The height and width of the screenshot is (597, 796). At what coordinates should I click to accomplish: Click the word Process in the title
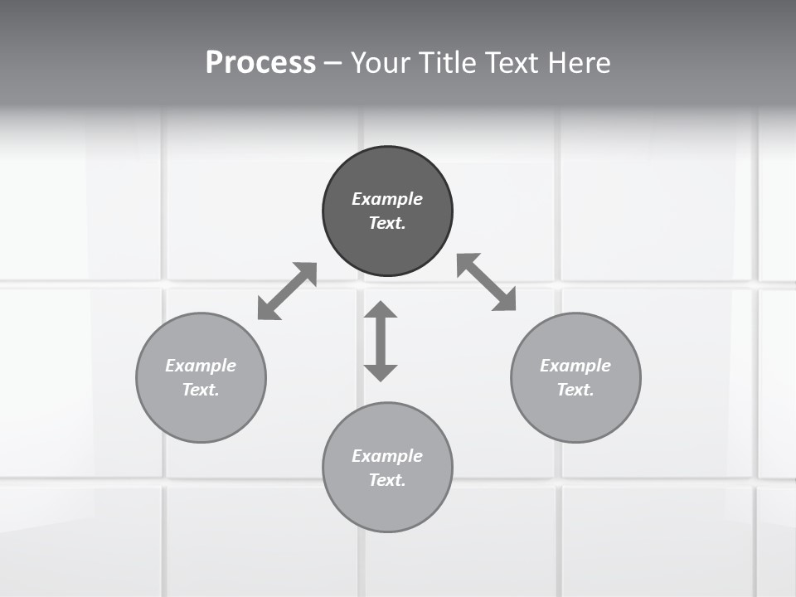pyautogui.click(x=260, y=63)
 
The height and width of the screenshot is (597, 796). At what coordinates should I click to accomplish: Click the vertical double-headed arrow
pyautogui.click(x=381, y=341)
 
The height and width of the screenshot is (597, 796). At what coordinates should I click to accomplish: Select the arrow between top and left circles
pyautogui.click(x=287, y=291)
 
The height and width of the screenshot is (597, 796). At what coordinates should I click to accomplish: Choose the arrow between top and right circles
pyautogui.click(x=487, y=282)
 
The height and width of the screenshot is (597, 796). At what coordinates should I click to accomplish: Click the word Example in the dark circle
pyautogui.click(x=387, y=199)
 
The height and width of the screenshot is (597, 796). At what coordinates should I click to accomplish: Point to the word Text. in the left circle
pyautogui.click(x=201, y=390)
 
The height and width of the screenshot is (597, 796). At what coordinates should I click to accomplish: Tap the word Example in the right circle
pyautogui.click(x=575, y=366)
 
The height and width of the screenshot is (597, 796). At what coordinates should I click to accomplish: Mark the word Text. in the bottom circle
pyautogui.click(x=387, y=480)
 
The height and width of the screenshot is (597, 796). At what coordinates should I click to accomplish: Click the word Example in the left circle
pyautogui.click(x=201, y=366)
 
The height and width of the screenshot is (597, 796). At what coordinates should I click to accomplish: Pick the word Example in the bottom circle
pyautogui.click(x=387, y=456)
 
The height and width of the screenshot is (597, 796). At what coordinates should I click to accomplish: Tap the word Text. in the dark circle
pyautogui.click(x=387, y=223)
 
